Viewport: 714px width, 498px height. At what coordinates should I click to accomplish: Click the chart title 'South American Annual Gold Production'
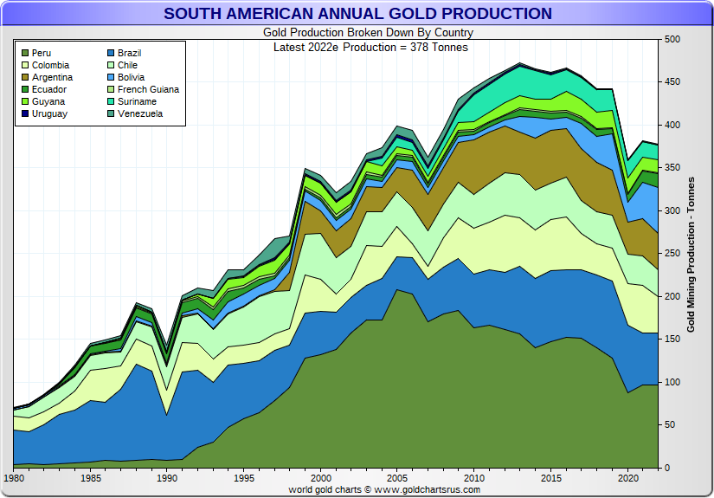click(357, 14)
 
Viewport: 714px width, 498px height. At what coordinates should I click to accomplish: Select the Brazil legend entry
click(130, 54)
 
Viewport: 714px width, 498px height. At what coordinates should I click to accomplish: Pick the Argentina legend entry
click(53, 78)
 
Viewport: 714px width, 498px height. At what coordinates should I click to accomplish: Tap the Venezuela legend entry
click(140, 114)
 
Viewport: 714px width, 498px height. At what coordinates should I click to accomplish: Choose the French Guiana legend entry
click(148, 90)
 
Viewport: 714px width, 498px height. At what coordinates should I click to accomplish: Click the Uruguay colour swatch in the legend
click(24, 114)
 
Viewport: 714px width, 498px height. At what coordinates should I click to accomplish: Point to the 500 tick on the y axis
click(672, 40)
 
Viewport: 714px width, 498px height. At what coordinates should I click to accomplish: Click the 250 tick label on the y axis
click(672, 254)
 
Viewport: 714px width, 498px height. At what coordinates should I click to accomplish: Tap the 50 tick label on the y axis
click(670, 425)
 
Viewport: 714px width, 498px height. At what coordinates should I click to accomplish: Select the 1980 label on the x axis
click(15, 478)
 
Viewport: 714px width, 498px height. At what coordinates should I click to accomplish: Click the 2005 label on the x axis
click(397, 478)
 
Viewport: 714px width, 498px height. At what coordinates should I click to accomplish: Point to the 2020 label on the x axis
click(627, 478)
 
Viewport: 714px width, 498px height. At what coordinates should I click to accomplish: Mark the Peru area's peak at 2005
click(397, 291)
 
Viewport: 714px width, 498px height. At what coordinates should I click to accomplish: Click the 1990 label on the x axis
click(167, 478)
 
